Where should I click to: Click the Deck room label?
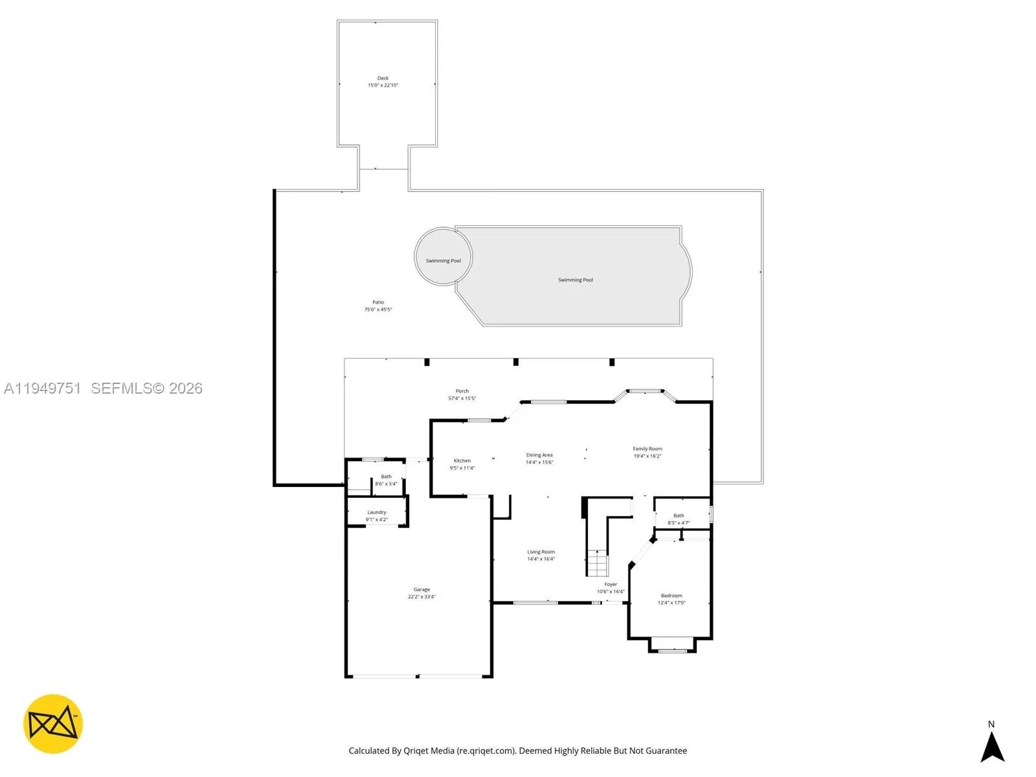(x=383, y=78)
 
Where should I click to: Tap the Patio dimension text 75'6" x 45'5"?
(x=377, y=310)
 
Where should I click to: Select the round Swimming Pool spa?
(x=443, y=256)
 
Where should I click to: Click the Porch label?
(x=462, y=391)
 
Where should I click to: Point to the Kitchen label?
(x=462, y=461)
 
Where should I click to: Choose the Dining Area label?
(x=539, y=455)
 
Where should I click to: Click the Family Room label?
(x=647, y=449)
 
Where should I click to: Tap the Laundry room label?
(x=376, y=512)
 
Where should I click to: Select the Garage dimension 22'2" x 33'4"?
(x=422, y=597)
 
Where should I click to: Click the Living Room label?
(x=541, y=552)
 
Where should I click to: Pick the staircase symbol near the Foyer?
(x=598, y=563)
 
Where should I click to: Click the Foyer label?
(x=611, y=584)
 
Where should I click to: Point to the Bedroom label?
(x=671, y=596)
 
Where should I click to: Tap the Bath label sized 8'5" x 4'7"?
(x=679, y=516)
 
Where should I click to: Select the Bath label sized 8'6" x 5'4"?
(x=386, y=477)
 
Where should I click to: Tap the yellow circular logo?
(x=53, y=724)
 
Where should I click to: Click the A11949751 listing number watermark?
(x=43, y=388)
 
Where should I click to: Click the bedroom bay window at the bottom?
(x=672, y=649)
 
